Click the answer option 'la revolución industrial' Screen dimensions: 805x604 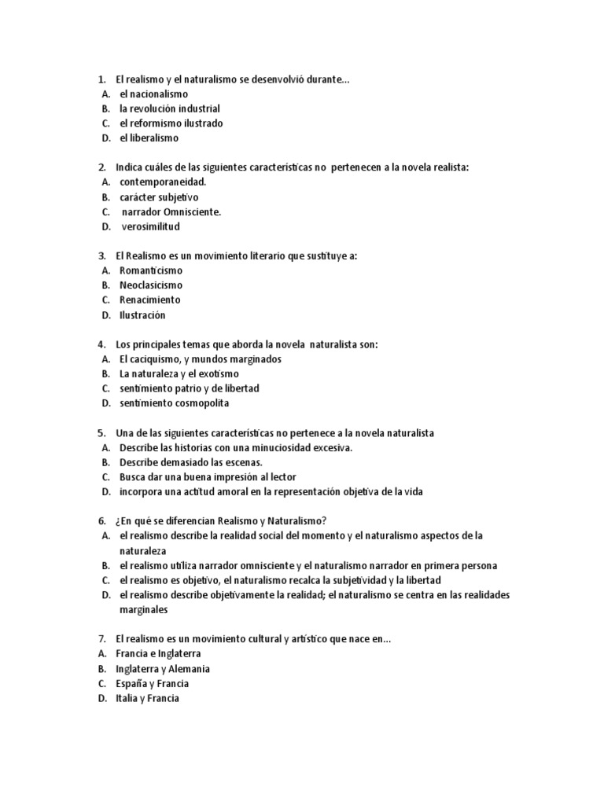point(169,108)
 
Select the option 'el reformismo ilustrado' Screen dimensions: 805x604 point(171,123)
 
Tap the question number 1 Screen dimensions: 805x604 point(101,79)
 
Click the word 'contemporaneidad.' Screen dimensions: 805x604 point(163,182)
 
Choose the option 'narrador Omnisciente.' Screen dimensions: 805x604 point(171,211)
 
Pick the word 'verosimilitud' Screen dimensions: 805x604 point(150,226)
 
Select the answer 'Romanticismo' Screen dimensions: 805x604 point(150,270)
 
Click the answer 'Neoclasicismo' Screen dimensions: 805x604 point(150,285)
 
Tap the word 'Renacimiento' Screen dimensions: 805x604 point(149,300)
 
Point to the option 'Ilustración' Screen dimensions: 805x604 point(142,315)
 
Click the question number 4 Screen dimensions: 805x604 point(101,344)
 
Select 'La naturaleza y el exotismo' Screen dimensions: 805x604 point(179,374)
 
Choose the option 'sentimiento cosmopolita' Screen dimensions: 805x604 point(174,403)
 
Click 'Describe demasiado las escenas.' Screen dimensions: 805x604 point(190,462)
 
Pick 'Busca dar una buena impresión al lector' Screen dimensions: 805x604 point(208,477)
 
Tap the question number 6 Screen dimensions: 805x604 point(101,521)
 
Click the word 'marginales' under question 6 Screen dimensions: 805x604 point(143,610)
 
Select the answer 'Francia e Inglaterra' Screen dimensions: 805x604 point(158,654)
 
